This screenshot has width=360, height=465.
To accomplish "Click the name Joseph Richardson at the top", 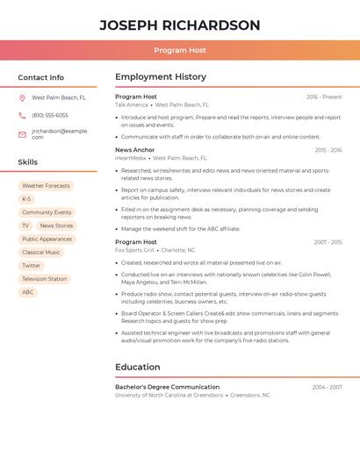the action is pyautogui.click(x=179, y=25).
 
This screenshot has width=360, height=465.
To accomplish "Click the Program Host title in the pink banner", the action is pyautogui.click(x=179, y=50).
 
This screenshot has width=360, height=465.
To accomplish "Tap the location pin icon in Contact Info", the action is pyautogui.click(x=22, y=98).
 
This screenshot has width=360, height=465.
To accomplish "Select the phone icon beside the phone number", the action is pyautogui.click(x=22, y=115).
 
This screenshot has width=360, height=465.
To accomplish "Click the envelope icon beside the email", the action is pyautogui.click(x=22, y=134).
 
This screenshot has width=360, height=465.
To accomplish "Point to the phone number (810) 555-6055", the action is pyautogui.click(x=50, y=115).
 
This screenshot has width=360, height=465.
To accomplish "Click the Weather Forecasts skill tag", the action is pyautogui.click(x=46, y=186).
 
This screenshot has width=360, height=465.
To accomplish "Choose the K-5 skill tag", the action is pyautogui.click(x=26, y=199).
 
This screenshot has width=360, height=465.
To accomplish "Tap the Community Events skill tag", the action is pyautogui.click(x=47, y=212).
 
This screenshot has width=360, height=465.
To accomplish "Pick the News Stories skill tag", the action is pyautogui.click(x=56, y=225).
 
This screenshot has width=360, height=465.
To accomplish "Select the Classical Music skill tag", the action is pyautogui.click(x=41, y=253).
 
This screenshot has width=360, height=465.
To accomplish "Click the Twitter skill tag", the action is pyautogui.click(x=32, y=266).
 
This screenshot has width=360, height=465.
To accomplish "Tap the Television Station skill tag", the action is pyautogui.click(x=44, y=279).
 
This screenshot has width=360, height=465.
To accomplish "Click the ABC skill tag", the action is pyautogui.click(x=28, y=292).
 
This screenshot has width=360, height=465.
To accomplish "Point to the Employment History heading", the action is pyautogui.click(x=161, y=77).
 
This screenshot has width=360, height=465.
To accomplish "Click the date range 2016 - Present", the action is pyautogui.click(x=324, y=97).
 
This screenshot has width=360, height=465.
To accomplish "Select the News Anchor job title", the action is pyautogui.click(x=135, y=150).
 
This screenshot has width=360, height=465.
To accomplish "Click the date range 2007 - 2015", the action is pyautogui.click(x=328, y=242).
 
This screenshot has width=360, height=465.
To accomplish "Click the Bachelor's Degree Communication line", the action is pyautogui.click(x=168, y=387).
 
